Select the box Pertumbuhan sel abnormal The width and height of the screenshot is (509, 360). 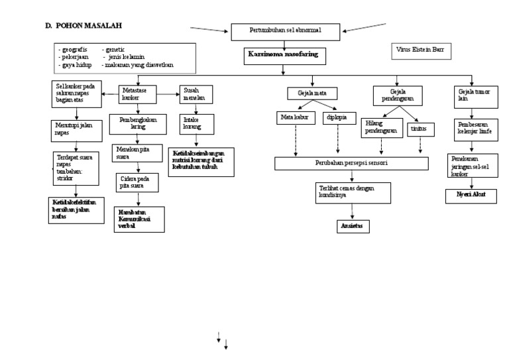(x=285, y=31)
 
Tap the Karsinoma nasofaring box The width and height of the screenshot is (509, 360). (x=285, y=56)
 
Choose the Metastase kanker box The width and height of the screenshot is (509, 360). (x=137, y=95)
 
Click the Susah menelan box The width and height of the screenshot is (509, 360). (x=196, y=94)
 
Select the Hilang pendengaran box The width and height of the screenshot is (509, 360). (x=380, y=128)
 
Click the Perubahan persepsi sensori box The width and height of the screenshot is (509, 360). (x=351, y=162)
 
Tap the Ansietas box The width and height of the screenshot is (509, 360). (x=351, y=226)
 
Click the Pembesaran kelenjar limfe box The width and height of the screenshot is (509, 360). (x=473, y=128)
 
